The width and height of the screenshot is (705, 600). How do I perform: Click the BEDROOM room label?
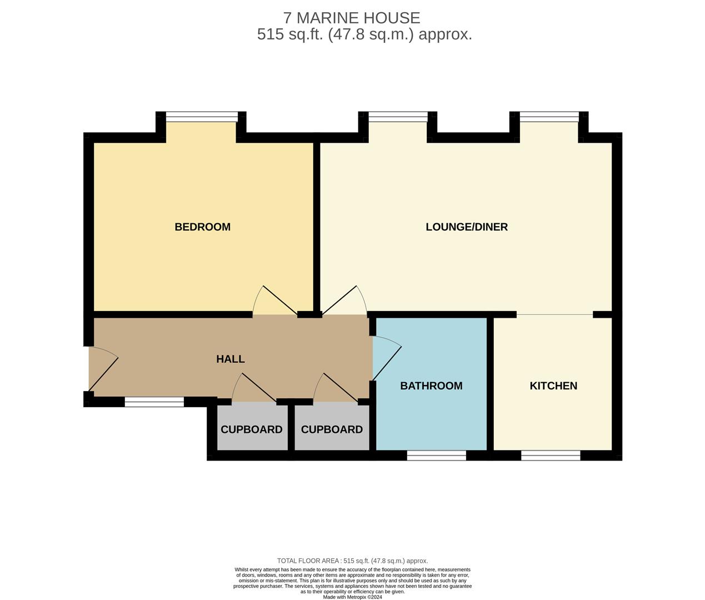[202, 227]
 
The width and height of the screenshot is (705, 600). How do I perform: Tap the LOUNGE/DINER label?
[467, 227]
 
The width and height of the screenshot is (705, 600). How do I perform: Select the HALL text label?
[230, 359]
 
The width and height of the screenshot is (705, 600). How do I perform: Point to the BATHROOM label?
[431, 386]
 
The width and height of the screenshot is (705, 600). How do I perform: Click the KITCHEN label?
[553, 386]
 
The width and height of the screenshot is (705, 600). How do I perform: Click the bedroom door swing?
[275, 300]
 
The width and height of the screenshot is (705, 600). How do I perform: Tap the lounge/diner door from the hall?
[344, 300]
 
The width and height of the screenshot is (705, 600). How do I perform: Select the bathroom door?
[387, 358]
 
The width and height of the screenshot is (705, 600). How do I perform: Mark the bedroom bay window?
[202, 117]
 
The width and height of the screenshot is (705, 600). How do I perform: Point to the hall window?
[154, 402]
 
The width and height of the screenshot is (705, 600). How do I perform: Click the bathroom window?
[436, 456]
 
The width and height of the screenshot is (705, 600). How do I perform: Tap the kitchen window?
[551, 456]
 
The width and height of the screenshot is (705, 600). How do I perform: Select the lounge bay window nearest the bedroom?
[398, 117]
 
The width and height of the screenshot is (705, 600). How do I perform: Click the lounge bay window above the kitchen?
[549, 117]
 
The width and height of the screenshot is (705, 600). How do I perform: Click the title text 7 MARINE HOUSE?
[352, 18]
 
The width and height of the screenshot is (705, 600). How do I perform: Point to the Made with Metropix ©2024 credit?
[352, 597]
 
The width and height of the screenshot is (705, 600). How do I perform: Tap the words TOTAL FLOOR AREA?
[308, 561]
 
